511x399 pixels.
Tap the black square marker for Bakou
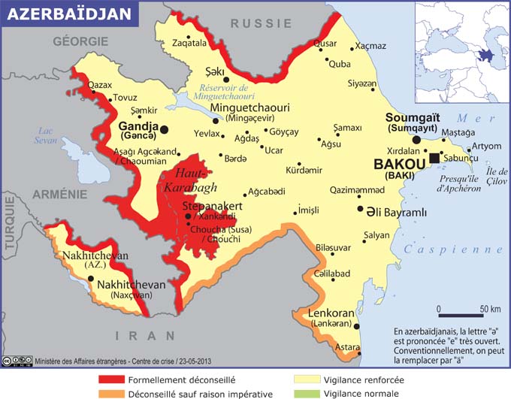(x=434, y=157)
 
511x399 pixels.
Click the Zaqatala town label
(x=189, y=44)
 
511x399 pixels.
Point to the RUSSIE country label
(x=261, y=23)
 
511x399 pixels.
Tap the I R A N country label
(x=139, y=336)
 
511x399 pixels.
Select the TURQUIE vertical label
(x=9, y=227)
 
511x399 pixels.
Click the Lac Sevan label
(x=49, y=135)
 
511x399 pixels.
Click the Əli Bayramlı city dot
(x=361, y=210)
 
